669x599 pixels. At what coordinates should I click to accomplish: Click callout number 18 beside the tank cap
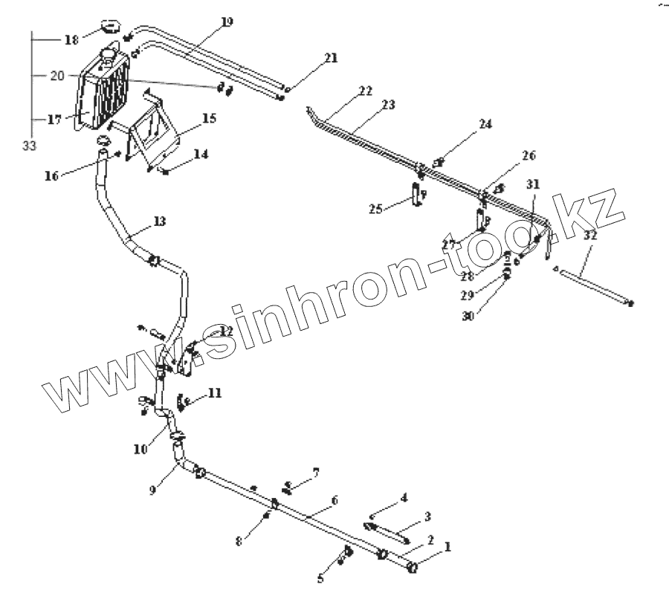(71, 39)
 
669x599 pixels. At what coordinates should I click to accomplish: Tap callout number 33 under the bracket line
(30, 146)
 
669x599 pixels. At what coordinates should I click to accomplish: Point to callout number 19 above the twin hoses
(226, 22)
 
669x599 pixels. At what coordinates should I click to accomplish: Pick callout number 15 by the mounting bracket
(208, 119)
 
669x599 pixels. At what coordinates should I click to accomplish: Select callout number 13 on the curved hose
(160, 221)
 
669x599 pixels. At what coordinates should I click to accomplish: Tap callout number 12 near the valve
(225, 331)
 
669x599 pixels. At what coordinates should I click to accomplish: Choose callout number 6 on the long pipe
(334, 500)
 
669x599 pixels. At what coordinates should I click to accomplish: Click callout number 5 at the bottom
(321, 579)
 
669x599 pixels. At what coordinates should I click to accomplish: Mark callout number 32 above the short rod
(590, 235)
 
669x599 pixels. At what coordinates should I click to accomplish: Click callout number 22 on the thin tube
(364, 91)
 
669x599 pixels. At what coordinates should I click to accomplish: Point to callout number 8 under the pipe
(239, 542)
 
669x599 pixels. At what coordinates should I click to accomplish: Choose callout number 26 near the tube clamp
(529, 156)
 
